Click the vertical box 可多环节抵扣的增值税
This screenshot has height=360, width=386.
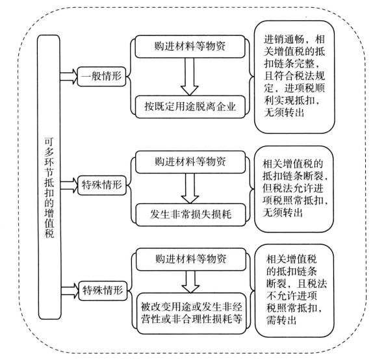49,177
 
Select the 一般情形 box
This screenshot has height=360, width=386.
101,76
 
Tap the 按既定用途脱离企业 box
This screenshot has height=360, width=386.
190,107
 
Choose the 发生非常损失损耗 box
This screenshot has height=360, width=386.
190,214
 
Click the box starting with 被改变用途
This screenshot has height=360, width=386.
192,313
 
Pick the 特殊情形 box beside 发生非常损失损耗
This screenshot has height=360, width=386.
102,185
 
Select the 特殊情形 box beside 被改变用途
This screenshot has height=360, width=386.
103,290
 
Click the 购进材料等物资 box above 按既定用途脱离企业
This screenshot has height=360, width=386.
190,47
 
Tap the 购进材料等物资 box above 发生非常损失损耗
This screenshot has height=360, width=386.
190,162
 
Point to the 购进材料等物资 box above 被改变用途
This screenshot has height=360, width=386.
191,259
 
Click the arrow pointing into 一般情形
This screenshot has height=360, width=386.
69,76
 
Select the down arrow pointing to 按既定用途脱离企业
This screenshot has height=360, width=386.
190,77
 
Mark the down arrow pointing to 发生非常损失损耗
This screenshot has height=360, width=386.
190,188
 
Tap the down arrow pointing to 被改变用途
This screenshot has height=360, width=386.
190,281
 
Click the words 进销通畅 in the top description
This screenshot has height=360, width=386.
285,40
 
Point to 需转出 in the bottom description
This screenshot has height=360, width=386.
281,320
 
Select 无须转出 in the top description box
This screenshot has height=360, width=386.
284,112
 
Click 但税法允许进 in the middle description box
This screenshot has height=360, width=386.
292,188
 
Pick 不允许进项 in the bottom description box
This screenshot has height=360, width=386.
292,296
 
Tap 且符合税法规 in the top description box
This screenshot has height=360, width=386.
294,76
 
